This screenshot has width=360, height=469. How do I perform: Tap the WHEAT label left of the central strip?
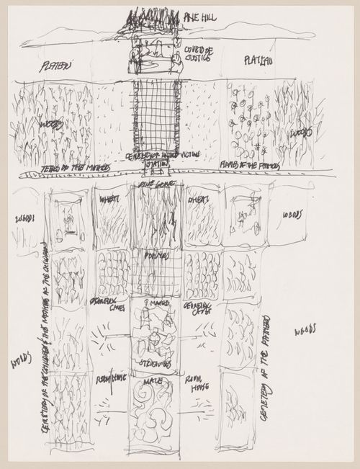tap(110, 200)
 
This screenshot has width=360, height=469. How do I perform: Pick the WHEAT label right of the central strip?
tap(198, 200)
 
